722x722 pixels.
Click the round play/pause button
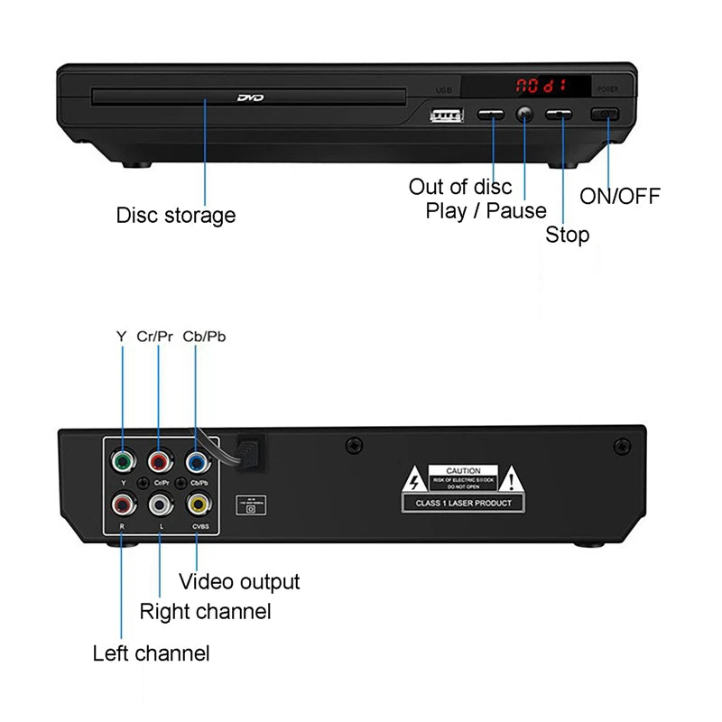tap(524, 115)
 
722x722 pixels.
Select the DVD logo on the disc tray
tap(249, 97)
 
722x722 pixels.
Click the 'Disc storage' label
tap(176, 216)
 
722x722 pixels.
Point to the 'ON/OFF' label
tap(620, 196)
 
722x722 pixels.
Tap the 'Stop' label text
tap(567, 236)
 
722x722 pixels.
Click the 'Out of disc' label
tap(460, 187)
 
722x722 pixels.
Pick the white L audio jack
tap(160, 504)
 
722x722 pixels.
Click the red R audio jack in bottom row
tap(122, 504)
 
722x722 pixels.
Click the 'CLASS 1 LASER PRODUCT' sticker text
tap(463, 503)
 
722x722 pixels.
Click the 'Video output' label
tap(239, 582)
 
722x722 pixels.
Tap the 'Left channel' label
tap(152, 653)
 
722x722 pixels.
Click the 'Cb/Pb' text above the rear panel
tap(204, 336)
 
